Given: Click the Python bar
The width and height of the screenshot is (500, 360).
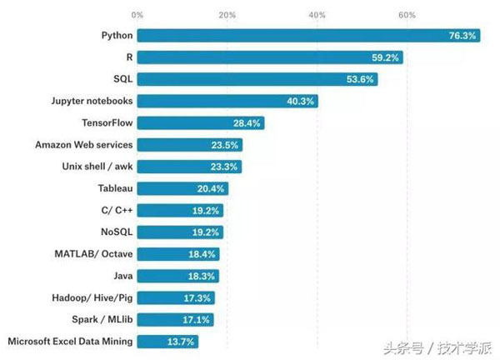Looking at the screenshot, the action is click(308, 35).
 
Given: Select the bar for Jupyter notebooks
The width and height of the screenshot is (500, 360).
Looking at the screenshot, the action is click(227, 101).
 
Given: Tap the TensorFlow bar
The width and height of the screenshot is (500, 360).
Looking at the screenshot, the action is click(201, 123).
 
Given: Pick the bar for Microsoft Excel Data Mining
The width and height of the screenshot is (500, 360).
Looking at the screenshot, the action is click(167, 342).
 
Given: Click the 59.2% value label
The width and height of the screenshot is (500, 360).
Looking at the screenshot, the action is click(385, 57).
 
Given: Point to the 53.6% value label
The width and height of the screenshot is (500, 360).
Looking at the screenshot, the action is click(360, 79).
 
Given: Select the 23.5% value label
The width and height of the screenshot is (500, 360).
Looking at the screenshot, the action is click(224, 145).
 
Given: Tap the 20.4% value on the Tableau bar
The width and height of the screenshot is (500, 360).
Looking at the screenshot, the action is click(211, 189).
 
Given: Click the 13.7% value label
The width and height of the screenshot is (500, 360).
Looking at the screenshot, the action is click(181, 342).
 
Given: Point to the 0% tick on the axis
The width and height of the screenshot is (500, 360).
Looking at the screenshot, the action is click(137, 15).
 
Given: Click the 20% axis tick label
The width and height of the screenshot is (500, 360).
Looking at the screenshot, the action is click(227, 15).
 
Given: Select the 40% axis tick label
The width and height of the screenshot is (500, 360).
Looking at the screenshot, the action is click(317, 15).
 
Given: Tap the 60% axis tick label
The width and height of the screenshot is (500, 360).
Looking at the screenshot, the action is click(407, 15).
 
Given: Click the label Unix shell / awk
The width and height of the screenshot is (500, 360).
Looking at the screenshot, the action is click(97, 167).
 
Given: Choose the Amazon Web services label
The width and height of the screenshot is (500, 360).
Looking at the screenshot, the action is click(84, 145).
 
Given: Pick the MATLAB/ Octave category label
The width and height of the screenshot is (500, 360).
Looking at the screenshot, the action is click(93, 254).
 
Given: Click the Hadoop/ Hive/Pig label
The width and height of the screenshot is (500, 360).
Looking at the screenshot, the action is click(92, 297).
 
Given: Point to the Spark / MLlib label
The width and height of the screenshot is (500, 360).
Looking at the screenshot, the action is click(102, 319).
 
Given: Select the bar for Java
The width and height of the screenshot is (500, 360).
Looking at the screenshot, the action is click(178, 276).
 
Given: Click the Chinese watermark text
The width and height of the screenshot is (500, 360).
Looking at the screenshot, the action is click(437, 347).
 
